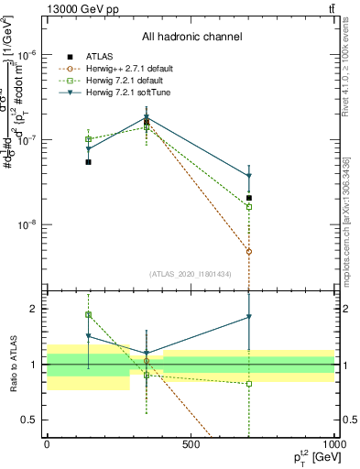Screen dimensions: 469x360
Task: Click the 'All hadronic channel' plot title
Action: click(191, 37)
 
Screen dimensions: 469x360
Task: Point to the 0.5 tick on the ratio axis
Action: click(32, 420)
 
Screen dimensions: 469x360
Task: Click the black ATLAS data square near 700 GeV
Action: click(248, 198)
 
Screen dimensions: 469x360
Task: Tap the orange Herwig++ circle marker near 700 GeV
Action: click(248, 251)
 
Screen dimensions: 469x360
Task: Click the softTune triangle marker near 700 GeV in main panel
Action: click(248, 177)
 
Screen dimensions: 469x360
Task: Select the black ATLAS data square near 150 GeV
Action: click(88, 162)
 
